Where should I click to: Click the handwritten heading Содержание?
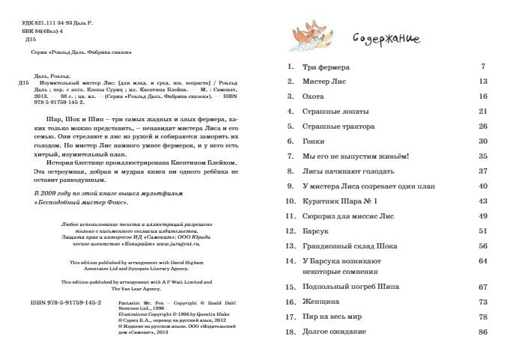pos(384,38)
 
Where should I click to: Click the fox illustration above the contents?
pos(313,32)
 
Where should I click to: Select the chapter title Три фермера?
pos(324,67)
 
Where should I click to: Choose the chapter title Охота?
pos(313,97)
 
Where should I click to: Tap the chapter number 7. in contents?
pos(289,156)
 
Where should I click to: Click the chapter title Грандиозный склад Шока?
pos(346,246)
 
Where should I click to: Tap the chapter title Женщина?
pos(320,302)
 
